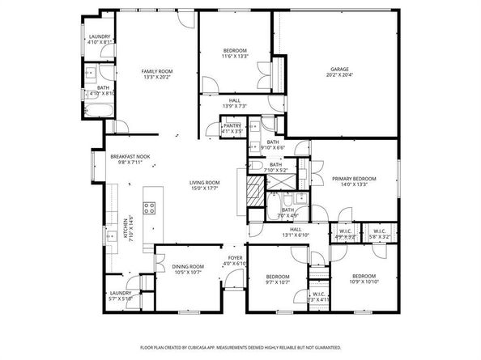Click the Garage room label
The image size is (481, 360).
(339, 70)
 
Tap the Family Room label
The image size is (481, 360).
(158, 72)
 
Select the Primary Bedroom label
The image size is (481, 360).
(354, 177)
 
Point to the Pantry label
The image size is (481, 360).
(232, 126)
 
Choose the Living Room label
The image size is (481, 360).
(205, 183)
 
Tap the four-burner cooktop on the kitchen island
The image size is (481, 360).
(151, 208)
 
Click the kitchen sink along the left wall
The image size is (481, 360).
(111, 237)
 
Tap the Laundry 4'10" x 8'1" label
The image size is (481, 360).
(99, 37)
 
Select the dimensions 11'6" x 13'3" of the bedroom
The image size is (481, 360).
(234, 57)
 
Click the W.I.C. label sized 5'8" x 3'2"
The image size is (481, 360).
(381, 234)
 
